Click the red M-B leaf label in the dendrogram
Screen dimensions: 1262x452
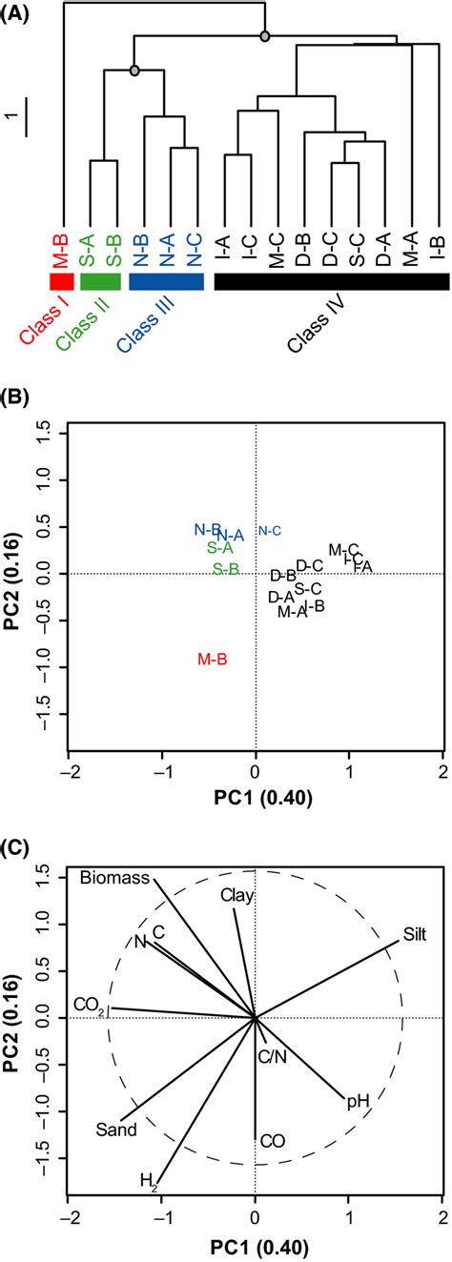point(61,251)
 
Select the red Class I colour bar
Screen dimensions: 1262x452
point(61,282)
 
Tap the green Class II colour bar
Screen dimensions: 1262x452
point(101,282)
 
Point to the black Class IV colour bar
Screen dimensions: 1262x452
point(331,282)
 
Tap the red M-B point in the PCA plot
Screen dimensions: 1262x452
point(211,659)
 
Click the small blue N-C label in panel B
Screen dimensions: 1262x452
point(270,531)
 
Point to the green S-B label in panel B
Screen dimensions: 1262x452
point(225,569)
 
